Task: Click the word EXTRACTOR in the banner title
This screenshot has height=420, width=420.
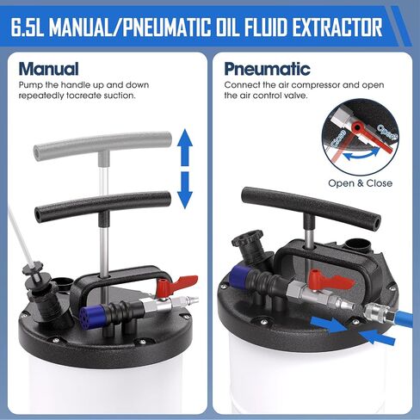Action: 337,27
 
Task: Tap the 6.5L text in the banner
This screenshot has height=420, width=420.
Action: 28,27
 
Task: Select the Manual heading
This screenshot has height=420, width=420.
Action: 48,69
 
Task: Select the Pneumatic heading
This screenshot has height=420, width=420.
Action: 267,69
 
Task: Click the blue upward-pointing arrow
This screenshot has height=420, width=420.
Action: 185,147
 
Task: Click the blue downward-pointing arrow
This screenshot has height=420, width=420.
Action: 185,190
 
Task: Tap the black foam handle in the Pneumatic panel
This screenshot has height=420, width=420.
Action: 312,205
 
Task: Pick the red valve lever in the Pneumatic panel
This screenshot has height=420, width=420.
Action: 330,280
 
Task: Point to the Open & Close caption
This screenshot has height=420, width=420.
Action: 360,183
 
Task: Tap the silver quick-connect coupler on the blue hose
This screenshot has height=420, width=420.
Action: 378,312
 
